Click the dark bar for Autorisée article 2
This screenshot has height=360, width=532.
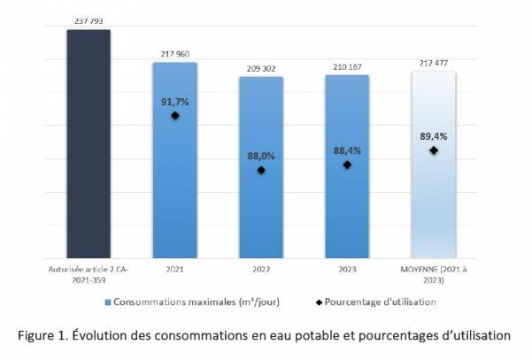[x=89, y=142]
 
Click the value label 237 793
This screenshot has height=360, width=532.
[x=89, y=22]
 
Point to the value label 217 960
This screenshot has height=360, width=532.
[x=174, y=54]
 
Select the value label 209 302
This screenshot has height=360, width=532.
[x=261, y=68]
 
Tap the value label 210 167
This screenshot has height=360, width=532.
[x=347, y=66]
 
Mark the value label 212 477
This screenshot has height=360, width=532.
[x=433, y=63]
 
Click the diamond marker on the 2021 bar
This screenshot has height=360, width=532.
[x=175, y=116]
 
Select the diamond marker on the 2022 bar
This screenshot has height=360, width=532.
[x=261, y=170]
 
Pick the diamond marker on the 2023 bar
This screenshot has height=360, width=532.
[x=347, y=165]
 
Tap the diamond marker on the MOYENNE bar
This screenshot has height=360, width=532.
[x=433, y=150]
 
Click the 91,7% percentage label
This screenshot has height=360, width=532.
[x=174, y=101]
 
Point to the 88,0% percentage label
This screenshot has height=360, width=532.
[x=261, y=156]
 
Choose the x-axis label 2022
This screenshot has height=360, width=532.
[x=261, y=267]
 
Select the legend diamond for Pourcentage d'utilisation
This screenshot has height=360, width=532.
[x=319, y=302]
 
